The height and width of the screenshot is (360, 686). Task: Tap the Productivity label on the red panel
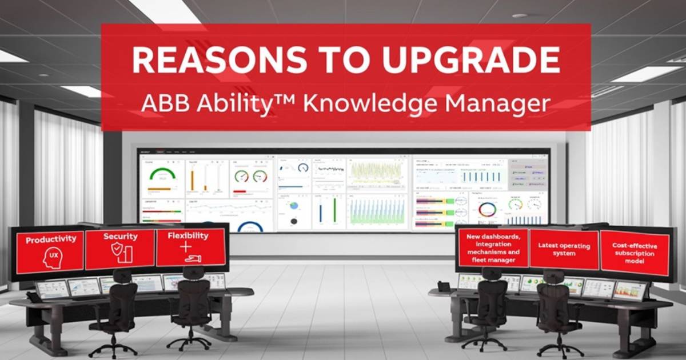click(51, 240)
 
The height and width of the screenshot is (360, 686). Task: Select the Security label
click(120, 236)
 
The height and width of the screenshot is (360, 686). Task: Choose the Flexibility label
click(188, 235)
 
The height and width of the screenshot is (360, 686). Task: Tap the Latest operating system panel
click(564, 249)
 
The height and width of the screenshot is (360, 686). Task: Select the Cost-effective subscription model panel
click(635, 253)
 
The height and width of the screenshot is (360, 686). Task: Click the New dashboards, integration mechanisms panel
click(493, 248)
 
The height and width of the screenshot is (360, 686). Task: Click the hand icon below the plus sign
click(193, 258)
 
